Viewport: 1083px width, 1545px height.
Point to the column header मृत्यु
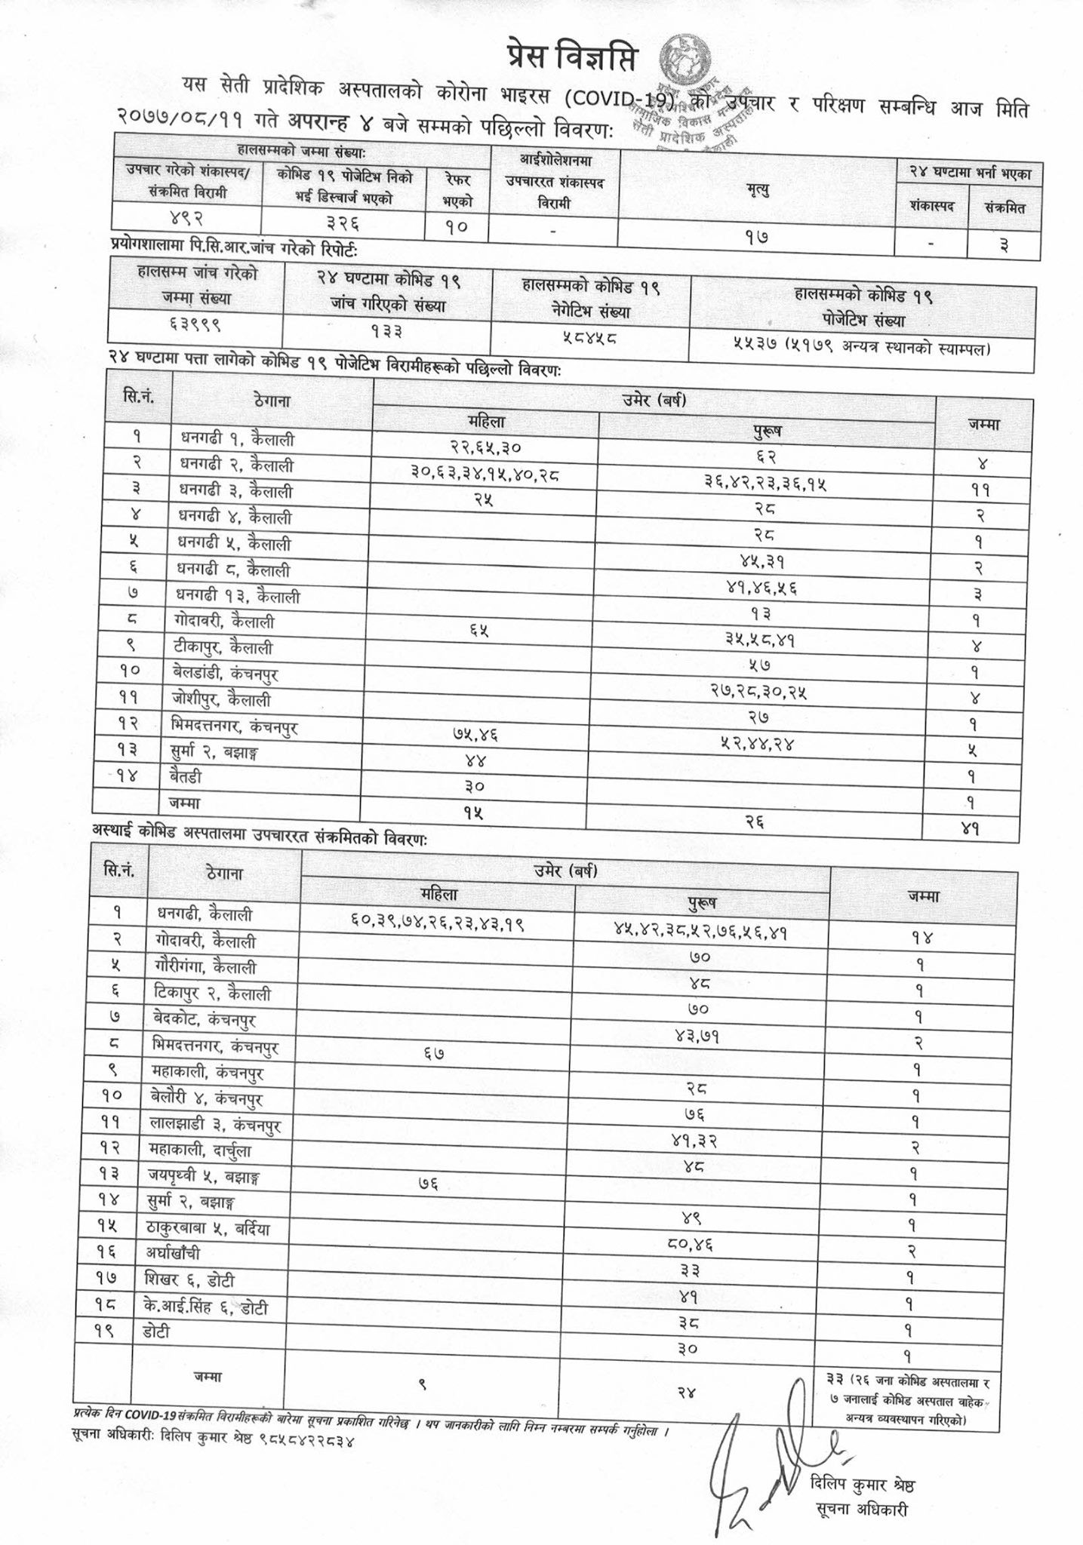pyautogui.click(x=757, y=192)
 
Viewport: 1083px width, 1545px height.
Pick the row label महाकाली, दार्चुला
pyautogui.click(x=200, y=1150)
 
